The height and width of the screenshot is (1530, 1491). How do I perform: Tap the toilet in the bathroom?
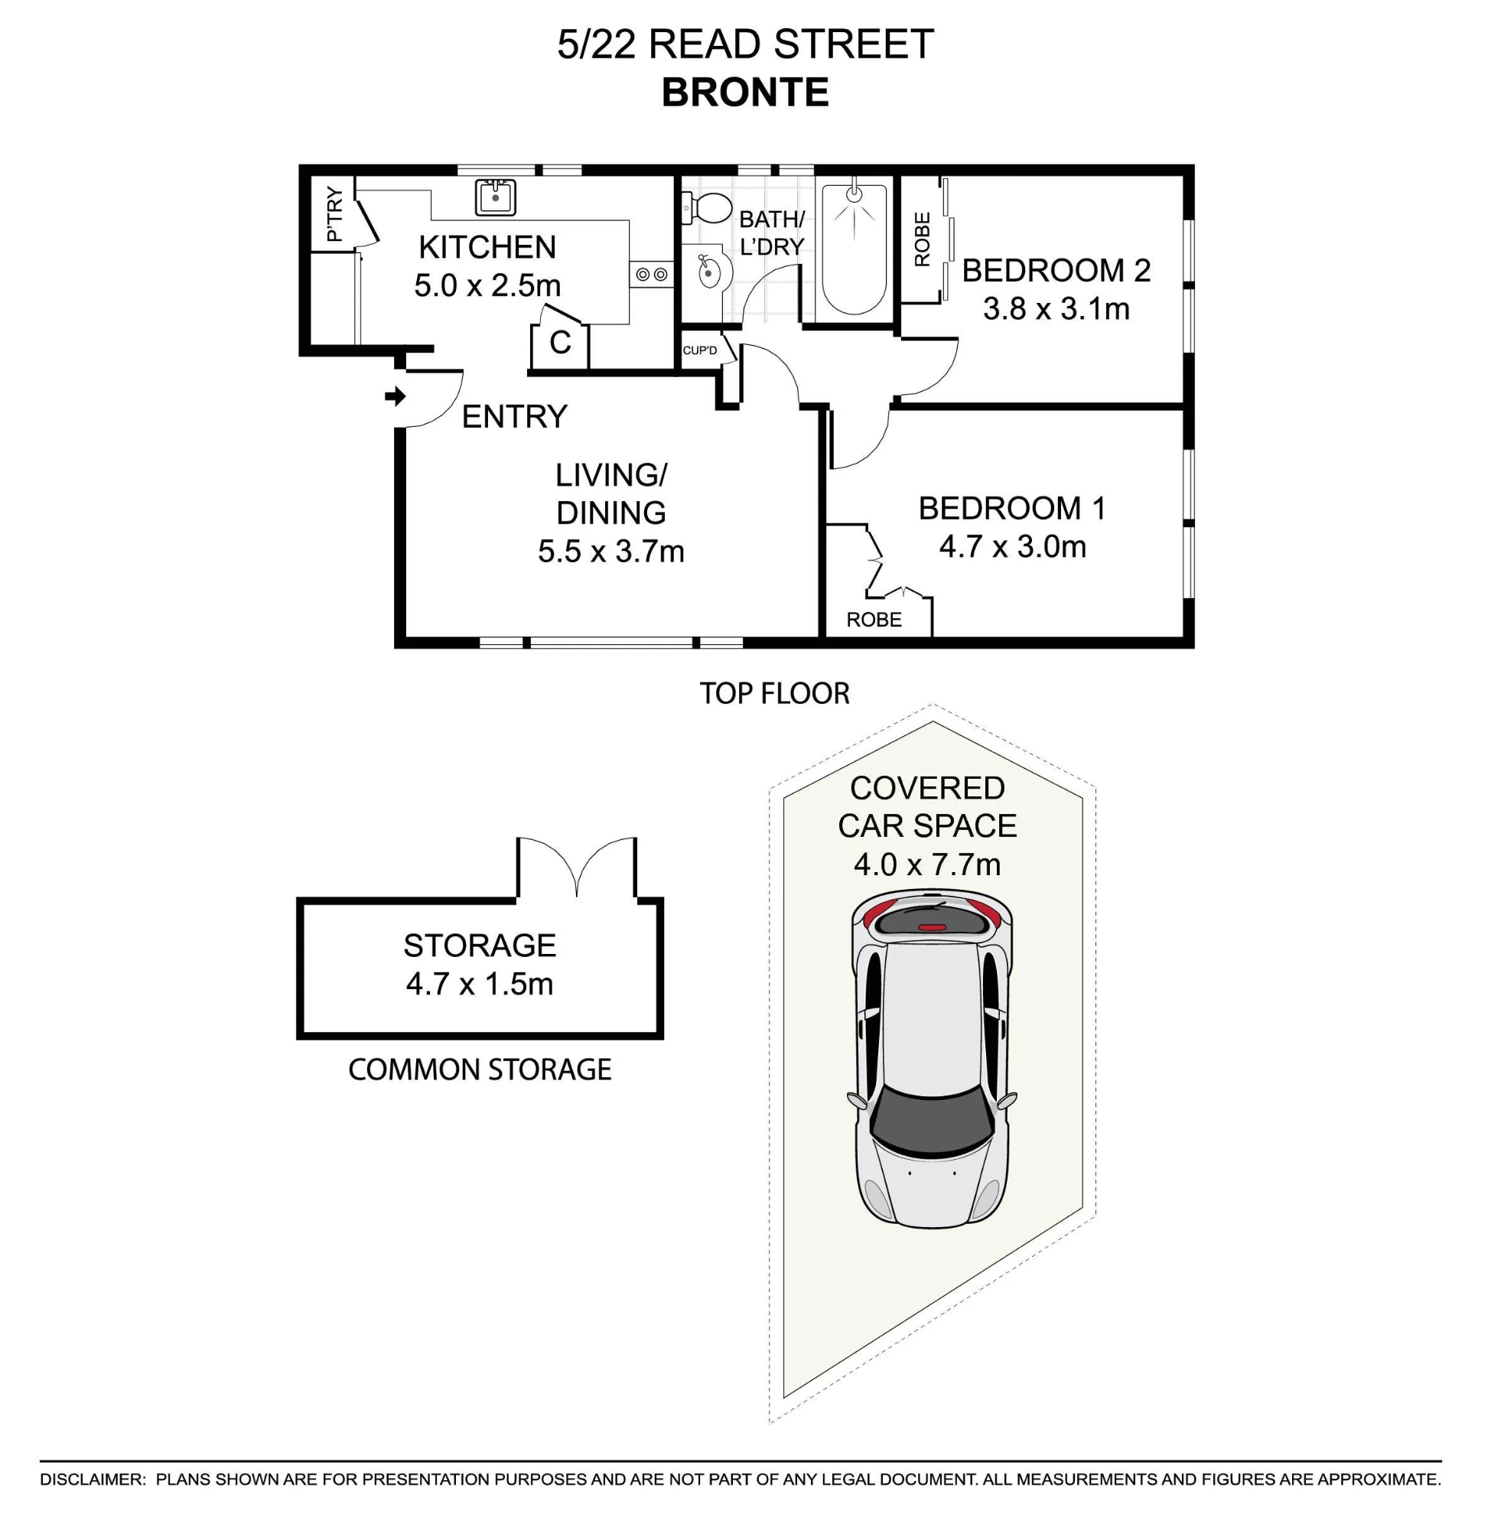click(706, 208)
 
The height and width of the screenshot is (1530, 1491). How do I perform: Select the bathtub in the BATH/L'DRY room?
click(855, 249)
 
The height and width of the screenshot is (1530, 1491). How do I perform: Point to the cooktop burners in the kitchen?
click(651, 274)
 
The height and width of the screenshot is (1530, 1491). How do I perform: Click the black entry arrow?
click(396, 396)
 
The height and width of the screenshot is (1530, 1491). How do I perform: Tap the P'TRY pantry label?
click(334, 213)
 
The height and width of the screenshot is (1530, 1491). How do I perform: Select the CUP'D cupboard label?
click(699, 350)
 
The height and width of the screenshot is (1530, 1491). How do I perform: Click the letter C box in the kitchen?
click(560, 343)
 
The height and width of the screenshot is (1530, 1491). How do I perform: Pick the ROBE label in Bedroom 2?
click(923, 239)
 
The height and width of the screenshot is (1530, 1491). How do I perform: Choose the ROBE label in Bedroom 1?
click(874, 620)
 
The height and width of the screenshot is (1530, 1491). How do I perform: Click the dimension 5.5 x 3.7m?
click(610, 552)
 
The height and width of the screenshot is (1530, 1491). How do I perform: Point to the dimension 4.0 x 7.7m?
click(927, 864)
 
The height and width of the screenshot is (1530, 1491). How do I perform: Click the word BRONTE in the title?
click(745, 93)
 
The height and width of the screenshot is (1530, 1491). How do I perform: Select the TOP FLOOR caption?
click(774, 694)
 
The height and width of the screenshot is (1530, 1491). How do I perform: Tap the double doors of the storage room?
click(576, 865)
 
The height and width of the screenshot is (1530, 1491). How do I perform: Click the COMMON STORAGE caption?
click(480, 1069)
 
